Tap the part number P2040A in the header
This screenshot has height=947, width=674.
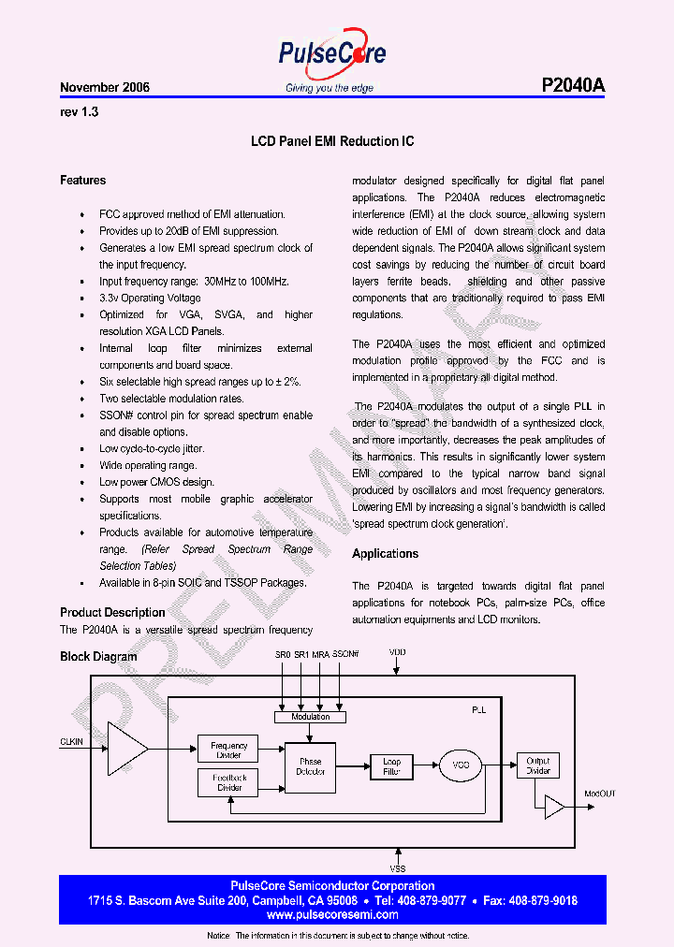point(573,85)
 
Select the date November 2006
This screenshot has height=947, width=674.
point(105,87)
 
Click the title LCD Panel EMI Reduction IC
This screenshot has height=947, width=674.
point(332,142)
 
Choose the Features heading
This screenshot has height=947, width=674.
point(83,180)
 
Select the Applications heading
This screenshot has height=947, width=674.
point(385,554)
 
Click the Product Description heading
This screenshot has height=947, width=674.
point(112,612)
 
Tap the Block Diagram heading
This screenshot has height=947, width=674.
point(98,657)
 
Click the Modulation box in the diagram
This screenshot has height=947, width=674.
point(310,717)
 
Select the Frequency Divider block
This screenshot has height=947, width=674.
point(229,750)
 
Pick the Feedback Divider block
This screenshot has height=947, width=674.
point(229,782)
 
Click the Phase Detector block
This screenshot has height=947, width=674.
point(311,766)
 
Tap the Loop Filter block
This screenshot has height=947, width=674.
point(391,766)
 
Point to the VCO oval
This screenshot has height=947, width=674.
point(460,765)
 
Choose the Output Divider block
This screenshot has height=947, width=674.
point(537,765)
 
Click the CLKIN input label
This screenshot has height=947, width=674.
point(71,742)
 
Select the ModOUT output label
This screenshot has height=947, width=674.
point(601,794)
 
